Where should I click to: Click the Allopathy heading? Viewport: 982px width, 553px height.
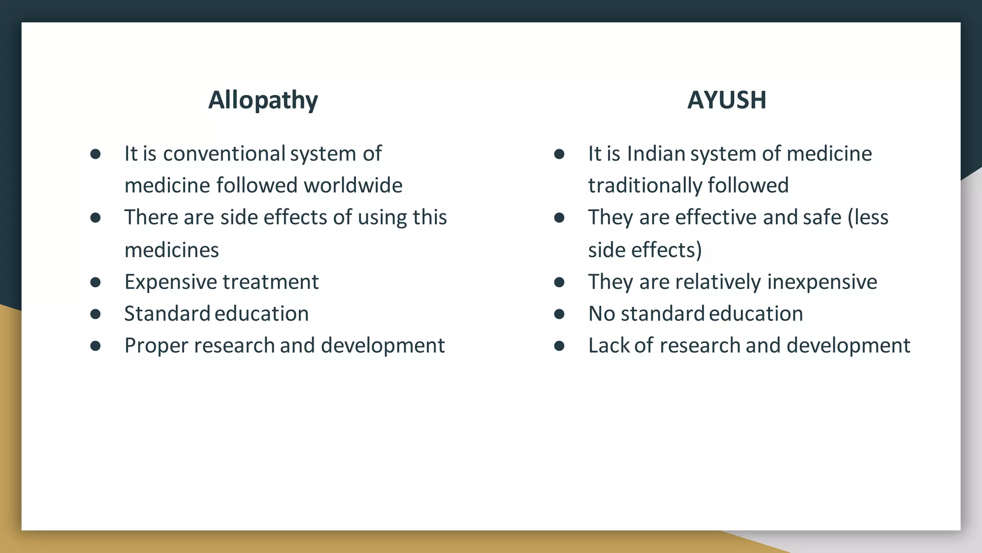click(263, 100)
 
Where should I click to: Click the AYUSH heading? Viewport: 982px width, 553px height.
click(726, 100)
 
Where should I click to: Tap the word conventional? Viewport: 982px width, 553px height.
click(224, 154)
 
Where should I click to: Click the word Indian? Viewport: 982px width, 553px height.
click(657, 154)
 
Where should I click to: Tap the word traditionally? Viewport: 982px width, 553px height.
click(645, 186)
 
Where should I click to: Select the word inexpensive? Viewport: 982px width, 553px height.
click(822, 282)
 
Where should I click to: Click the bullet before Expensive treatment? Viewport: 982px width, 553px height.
click(95, 282)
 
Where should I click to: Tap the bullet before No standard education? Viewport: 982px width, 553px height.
click(559, 314)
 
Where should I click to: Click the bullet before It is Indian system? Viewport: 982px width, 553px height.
click(559, 154)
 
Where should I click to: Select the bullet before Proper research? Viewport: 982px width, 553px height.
click(95, 346)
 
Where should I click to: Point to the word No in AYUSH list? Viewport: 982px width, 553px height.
click(601, 314)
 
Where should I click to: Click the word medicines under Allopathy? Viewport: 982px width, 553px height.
click(172, 250)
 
